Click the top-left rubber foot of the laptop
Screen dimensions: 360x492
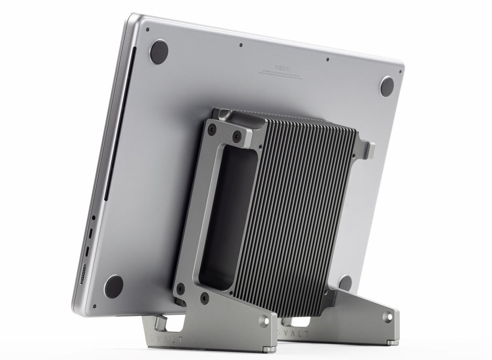pos(159,51)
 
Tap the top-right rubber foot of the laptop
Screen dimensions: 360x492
pos(387,86)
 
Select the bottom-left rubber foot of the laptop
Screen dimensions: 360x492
pos(114,286)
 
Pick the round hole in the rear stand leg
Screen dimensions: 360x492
pos(388,316)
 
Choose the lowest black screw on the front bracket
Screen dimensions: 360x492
pos(205,299)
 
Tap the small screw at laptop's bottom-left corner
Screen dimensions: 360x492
pos(94,307)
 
